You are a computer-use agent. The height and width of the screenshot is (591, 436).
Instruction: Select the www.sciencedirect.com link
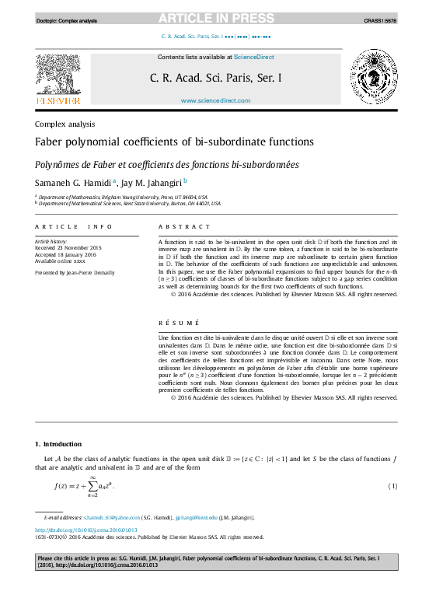[215, 100]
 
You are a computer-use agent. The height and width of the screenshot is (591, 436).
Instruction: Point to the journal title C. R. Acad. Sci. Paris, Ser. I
[215, 78]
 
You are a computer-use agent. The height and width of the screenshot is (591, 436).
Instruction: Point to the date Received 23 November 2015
[69, 248]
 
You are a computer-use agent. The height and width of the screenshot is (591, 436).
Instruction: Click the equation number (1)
[392, 486]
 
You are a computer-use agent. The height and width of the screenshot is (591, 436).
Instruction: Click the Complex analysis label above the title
[65, 124]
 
